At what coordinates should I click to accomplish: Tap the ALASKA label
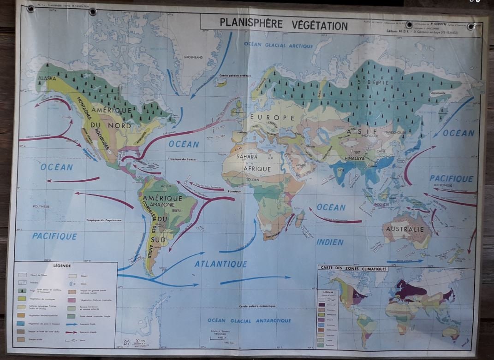click(x=47, y=78)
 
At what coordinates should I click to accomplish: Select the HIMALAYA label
click(x=354, y=158)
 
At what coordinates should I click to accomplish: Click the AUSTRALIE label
click(x=405, y=229)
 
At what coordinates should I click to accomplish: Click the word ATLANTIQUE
click(x=220, y=264)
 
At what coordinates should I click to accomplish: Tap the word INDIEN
click(x=330, y=242)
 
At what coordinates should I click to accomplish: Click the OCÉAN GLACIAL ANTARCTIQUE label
click(x=249, y=320)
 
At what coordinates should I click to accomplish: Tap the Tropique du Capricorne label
click(x=104, y=220)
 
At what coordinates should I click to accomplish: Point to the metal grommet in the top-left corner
click(x=31, y=9)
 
